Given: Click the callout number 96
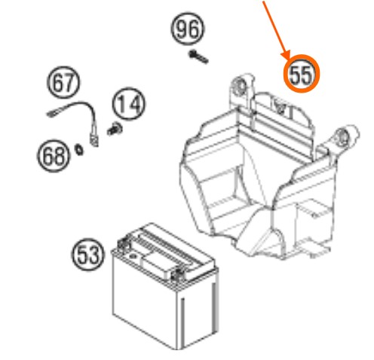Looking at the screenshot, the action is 188,29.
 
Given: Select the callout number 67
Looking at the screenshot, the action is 63,82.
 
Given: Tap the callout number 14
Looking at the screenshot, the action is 129,104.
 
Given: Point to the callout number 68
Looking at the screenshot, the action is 53,156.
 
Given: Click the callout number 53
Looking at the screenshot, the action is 87,255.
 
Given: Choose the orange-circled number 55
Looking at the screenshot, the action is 302,74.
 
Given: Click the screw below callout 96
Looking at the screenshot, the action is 198,57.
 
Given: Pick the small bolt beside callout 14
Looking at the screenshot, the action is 115,129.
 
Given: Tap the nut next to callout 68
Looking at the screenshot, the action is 80,150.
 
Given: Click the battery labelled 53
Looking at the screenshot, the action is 164,285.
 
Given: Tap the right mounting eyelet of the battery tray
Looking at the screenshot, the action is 343,138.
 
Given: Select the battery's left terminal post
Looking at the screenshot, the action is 123,243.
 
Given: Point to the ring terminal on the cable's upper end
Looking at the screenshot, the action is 52,114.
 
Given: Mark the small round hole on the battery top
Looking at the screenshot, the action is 133,256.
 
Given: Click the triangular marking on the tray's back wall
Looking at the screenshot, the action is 279,105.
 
